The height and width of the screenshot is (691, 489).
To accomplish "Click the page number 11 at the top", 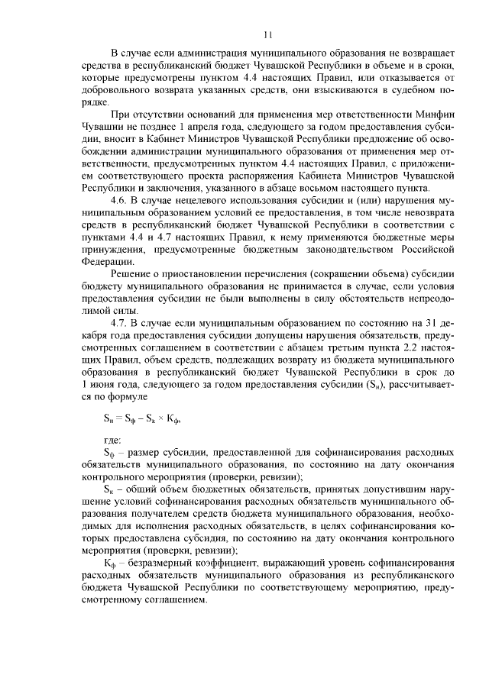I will (x=267, y=34).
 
